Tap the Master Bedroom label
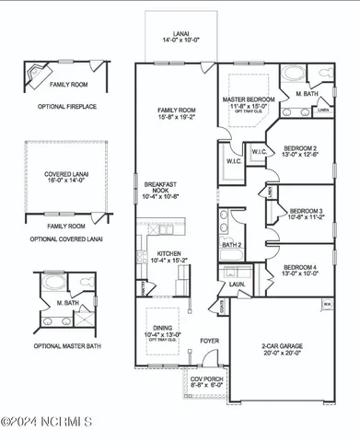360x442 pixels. [x=249, y=99]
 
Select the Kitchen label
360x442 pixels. [x=168, y=253]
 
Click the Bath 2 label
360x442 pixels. [x=230, y=245]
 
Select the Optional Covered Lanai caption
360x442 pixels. [x=64, y=238]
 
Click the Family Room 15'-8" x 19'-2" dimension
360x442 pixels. [x=174, y=118]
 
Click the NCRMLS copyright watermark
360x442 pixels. [x=48, y=423]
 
